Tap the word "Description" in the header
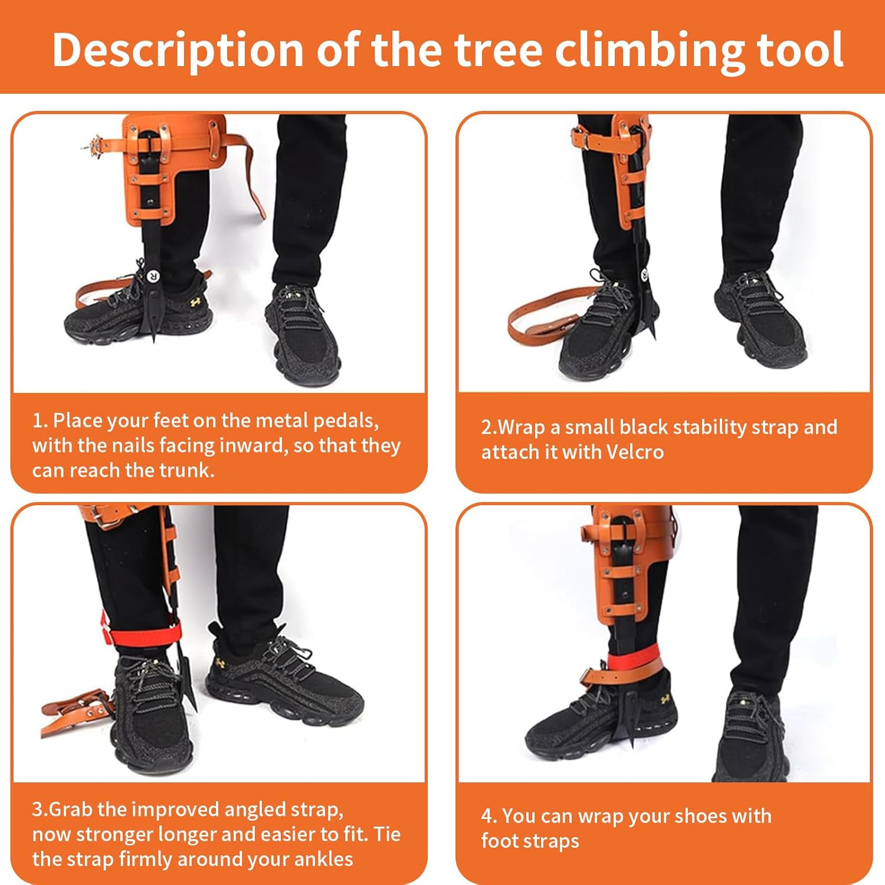[x=177, y=50]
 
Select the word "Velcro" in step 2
[x=635, y=452]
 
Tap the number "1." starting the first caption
[x=40, y=421]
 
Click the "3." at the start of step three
[x=39, y=809]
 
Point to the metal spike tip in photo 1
[x=155, y=337]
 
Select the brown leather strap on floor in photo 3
[x=74, y=714]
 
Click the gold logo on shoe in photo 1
[x=195, y=301]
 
